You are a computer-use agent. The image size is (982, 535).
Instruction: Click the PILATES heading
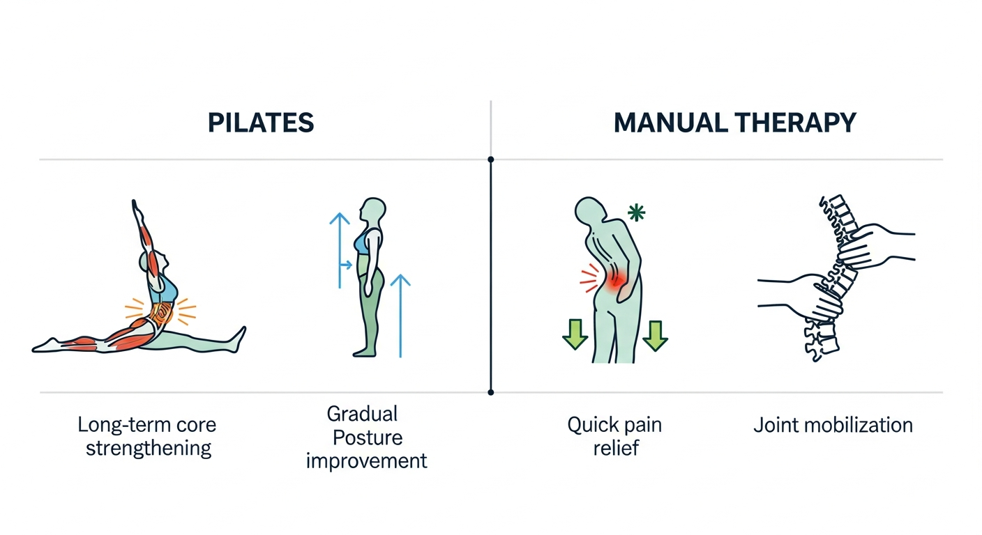(261, 123)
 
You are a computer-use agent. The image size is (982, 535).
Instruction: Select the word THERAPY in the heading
(796, 123)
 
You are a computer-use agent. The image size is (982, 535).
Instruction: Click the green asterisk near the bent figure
(636, 212)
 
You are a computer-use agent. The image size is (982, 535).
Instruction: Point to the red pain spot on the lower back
(615, 280)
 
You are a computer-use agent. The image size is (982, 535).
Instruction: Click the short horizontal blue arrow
(346, 265)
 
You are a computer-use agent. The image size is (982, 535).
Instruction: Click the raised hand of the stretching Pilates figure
(136, 210)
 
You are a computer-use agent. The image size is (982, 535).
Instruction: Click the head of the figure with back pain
(590, 212)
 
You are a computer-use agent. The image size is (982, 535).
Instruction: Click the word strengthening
(149, 449)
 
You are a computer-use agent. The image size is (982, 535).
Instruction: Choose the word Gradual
(362, 414)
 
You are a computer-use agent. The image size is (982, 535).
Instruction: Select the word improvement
(366, 461)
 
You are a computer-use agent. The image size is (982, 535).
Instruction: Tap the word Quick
(590, 425)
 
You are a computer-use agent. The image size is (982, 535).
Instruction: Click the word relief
(616, 448)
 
